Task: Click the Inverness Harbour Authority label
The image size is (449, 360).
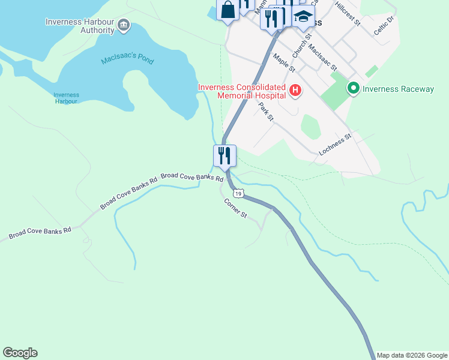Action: coord(80,26)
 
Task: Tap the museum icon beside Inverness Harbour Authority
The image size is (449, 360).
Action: coord(124,25)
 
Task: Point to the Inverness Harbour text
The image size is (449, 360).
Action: coord(66,98)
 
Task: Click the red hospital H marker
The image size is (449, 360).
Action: coord(295,91)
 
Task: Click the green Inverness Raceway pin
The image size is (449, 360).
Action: coord(353,89)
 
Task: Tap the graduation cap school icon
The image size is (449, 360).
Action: coord(304,17)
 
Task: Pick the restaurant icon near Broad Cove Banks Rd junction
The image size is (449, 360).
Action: coord(224,156)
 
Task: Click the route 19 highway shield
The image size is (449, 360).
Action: coord(238,193)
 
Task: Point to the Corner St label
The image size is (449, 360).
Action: coord(235,208)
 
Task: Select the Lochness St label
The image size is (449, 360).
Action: coord(334,145)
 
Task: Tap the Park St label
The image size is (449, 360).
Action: coord(266,112)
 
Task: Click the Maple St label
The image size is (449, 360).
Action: coord(283,62)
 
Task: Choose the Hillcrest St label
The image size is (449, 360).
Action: coord(348,13)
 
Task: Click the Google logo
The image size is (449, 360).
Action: coord(20,353)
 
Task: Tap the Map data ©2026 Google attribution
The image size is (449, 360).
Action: coord(412,355)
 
